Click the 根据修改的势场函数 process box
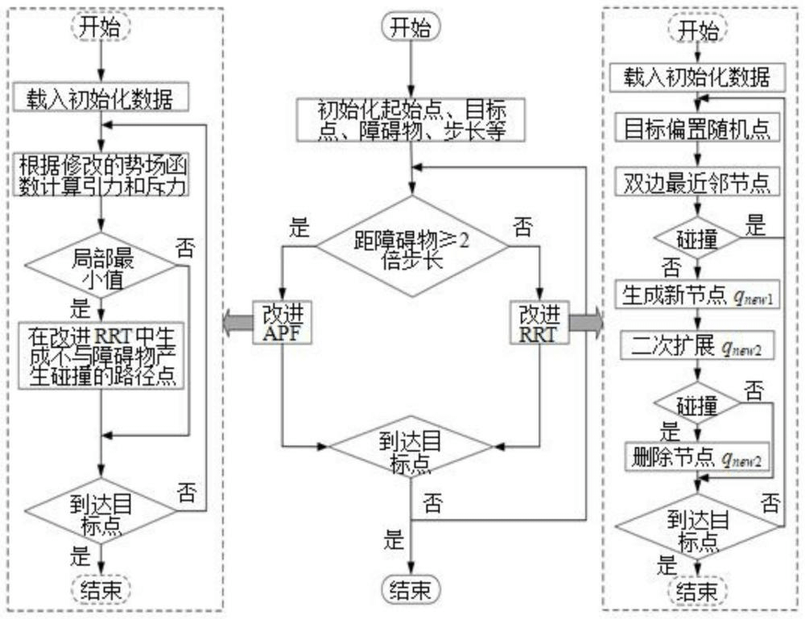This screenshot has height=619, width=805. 100,175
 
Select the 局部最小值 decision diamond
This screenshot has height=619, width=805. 100,268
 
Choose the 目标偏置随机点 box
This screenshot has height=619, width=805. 697,127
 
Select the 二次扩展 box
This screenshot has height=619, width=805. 697,346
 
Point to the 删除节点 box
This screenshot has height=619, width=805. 697,457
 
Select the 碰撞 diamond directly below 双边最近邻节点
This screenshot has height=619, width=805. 697,237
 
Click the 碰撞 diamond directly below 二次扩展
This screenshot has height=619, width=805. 697,402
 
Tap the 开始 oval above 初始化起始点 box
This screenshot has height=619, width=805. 411,29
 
